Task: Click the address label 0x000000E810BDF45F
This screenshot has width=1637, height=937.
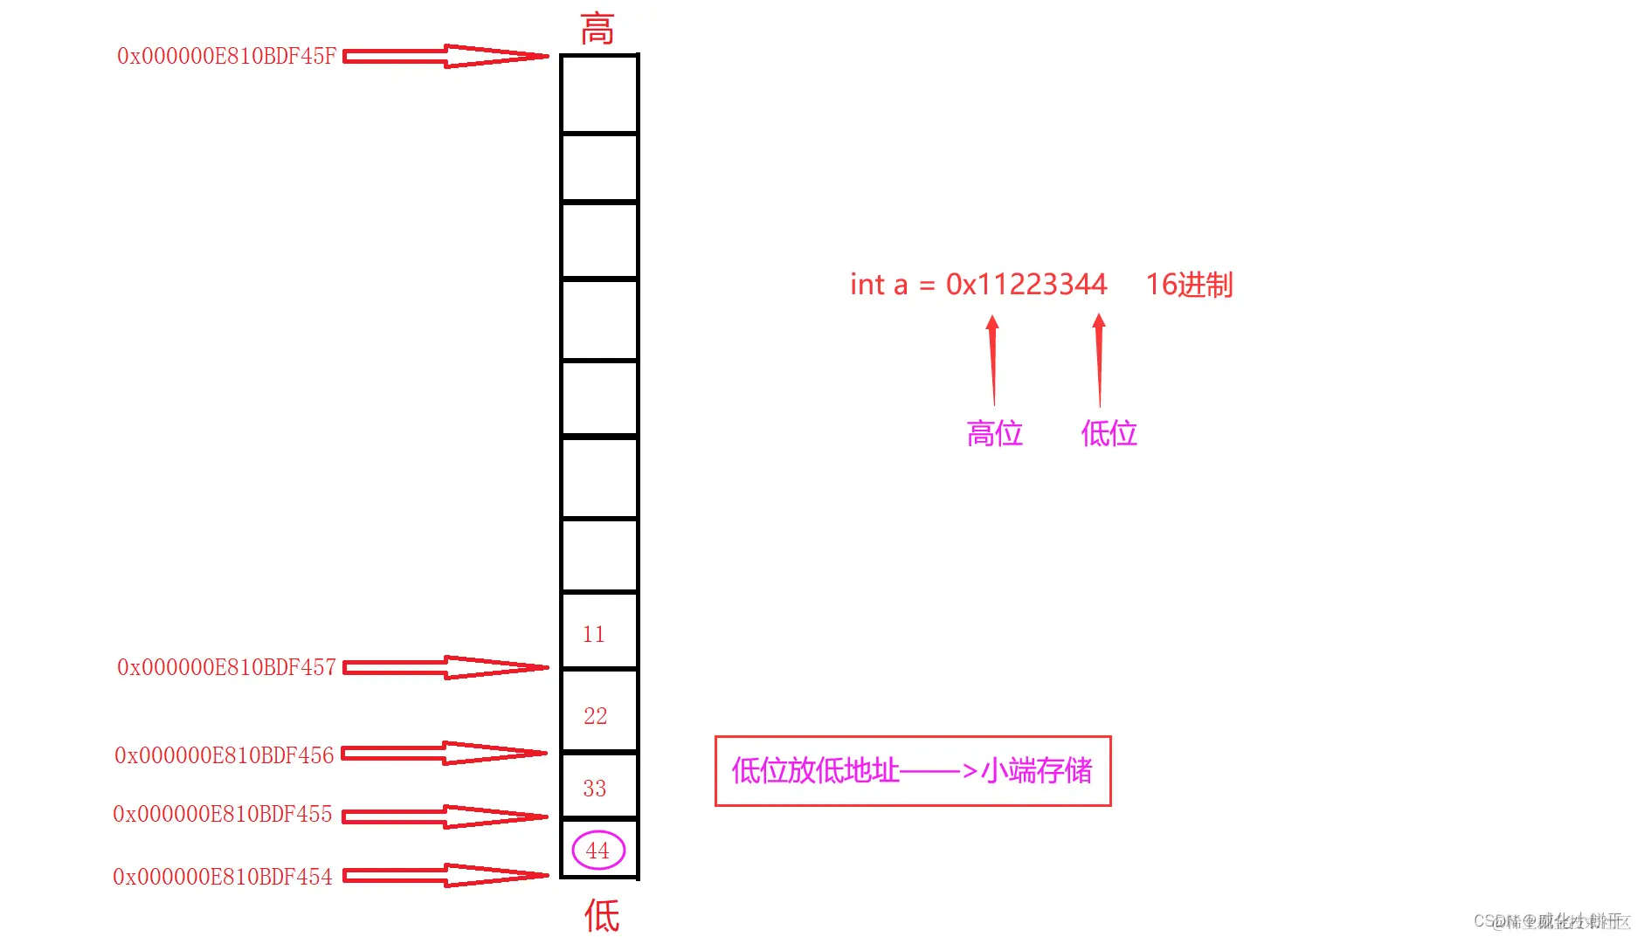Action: [226, 57]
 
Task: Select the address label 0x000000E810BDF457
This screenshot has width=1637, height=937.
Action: [226, 668]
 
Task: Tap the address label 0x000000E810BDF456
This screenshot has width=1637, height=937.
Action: [224, 755]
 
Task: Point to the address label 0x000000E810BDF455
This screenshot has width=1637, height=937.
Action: [223, 815]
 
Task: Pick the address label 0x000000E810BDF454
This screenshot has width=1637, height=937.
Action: [223, 877]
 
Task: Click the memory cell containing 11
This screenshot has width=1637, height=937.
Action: [598, 632]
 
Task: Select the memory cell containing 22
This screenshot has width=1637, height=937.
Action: [598, 713]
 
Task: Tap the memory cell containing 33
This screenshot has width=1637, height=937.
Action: [598, 787]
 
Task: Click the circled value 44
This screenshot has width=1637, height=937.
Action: [598, 851]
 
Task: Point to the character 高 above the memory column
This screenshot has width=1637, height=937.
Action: [597, 29]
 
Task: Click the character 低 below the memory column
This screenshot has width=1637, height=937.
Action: [602, 915]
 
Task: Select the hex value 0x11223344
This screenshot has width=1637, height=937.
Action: [1026, 285]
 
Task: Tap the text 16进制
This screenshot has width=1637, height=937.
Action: [1189, 285]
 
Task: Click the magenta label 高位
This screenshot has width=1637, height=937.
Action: [994, 433]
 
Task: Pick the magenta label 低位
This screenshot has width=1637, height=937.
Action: [1109, 433]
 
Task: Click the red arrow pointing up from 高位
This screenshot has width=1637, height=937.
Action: [992, 360]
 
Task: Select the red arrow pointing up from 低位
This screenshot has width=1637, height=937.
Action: [1099, 360]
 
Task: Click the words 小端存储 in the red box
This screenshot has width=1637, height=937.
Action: [1037, 770]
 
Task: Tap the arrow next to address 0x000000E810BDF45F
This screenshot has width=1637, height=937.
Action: [446, 57]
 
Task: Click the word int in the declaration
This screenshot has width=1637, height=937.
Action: [867, 285]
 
